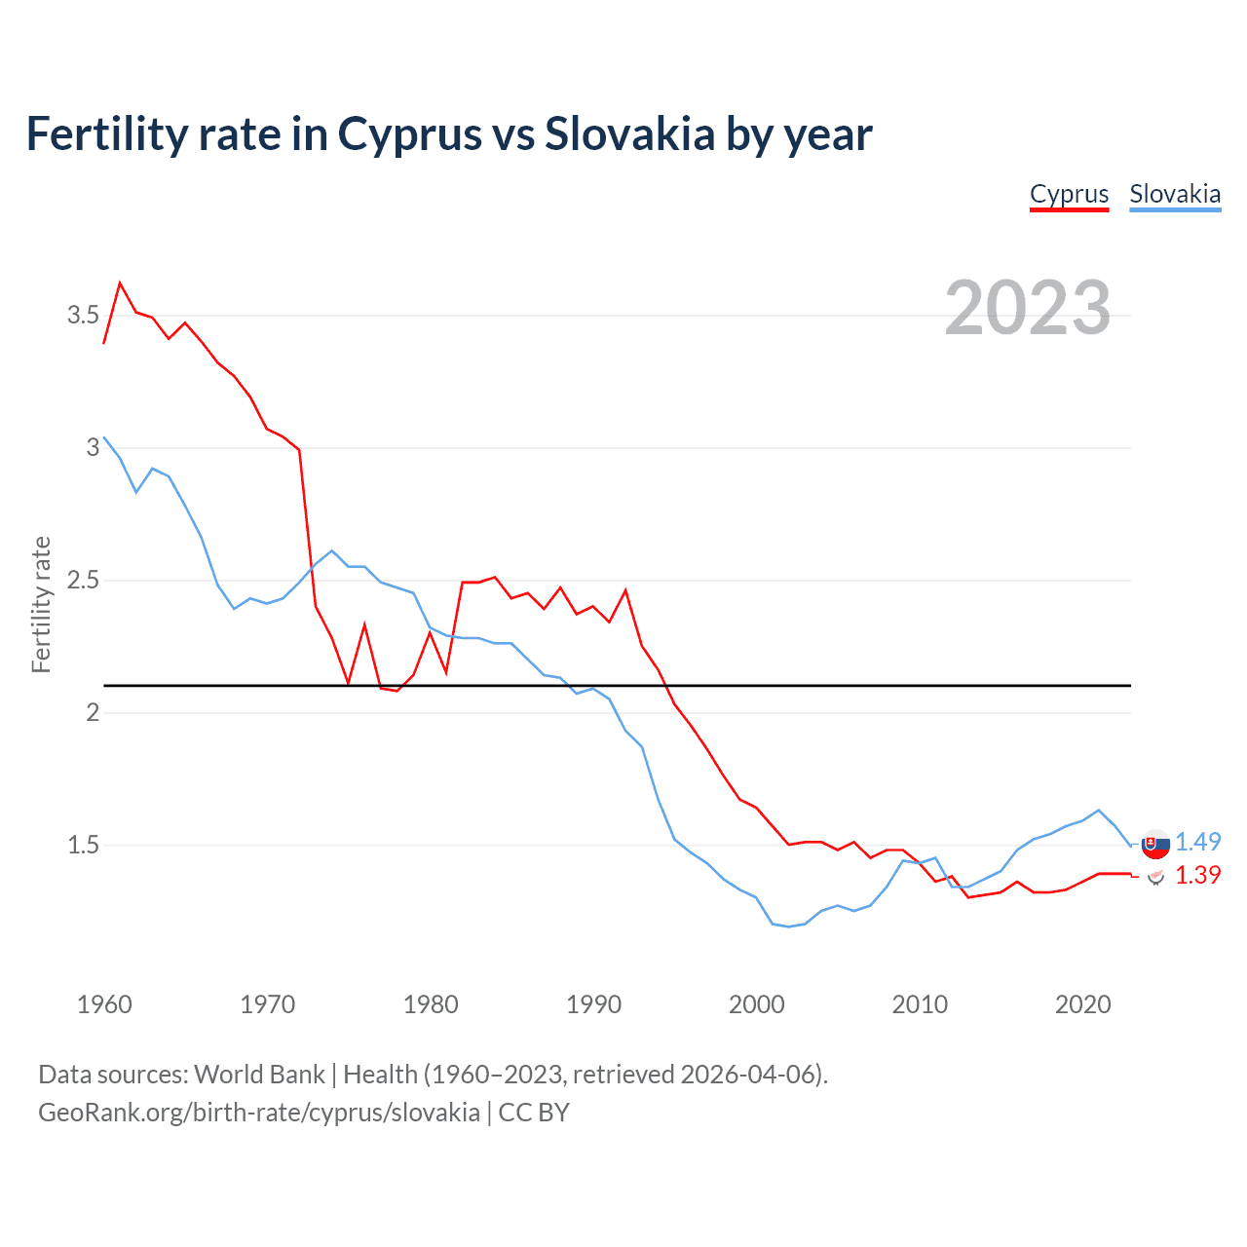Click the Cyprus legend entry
(x=1069, y=195)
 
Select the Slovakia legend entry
(x=1175, y=195)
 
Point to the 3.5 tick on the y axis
(x=83, y=316)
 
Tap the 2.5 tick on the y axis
(x=83, y=581)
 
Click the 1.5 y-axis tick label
(x=83, y=846)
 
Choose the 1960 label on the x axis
(x=104, y=1004)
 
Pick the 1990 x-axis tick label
(x=593, y=1004)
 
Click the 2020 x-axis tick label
(x=1082, y=1004)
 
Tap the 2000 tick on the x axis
(x=756, y=1004)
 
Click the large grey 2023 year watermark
(x=1028, y=308)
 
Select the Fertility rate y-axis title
(x=41, y=604)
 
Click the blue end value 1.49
(x=1198, y=842)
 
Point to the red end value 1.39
(x=1198, y=876)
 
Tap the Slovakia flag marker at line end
(x=1155, y=845)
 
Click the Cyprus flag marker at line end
(x=1155, y=878)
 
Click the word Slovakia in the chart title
(x=630, y=134)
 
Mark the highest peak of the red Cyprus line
(x=120, y=283)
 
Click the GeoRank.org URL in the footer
(x=258, y=1113)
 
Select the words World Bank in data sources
(x=259, y=1075)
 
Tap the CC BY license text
(x=534, y=1113)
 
